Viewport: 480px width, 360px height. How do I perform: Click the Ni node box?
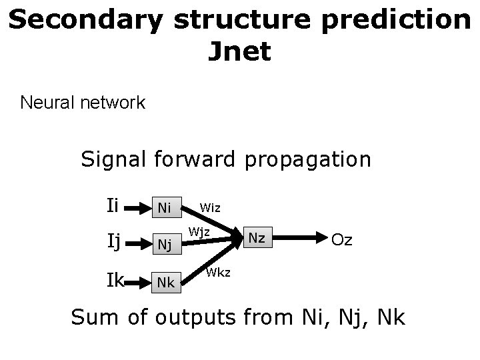click(x=165, y=208)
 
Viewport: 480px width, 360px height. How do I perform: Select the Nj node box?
click(x=165, y=245)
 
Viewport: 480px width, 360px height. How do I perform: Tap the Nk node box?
click(x=165, y=282)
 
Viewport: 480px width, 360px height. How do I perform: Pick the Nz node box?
click(x=257, y=237)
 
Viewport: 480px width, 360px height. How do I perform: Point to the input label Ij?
click(x=113, y=241)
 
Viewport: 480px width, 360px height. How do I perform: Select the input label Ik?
click(x=115, y=279)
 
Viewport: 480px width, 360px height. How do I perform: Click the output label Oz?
click(x=342, y=239)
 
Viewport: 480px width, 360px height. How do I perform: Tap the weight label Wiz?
click(x=212, y=207)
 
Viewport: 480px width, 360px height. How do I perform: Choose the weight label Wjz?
click(x=199, y=233)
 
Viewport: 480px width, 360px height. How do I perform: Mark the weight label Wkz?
click(x=219, y=271)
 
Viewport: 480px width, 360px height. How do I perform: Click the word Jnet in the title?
click(x=239, y=51)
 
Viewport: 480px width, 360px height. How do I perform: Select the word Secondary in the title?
click(x=86, y=20)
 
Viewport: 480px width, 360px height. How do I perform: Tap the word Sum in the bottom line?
click(x=96, y=317)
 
